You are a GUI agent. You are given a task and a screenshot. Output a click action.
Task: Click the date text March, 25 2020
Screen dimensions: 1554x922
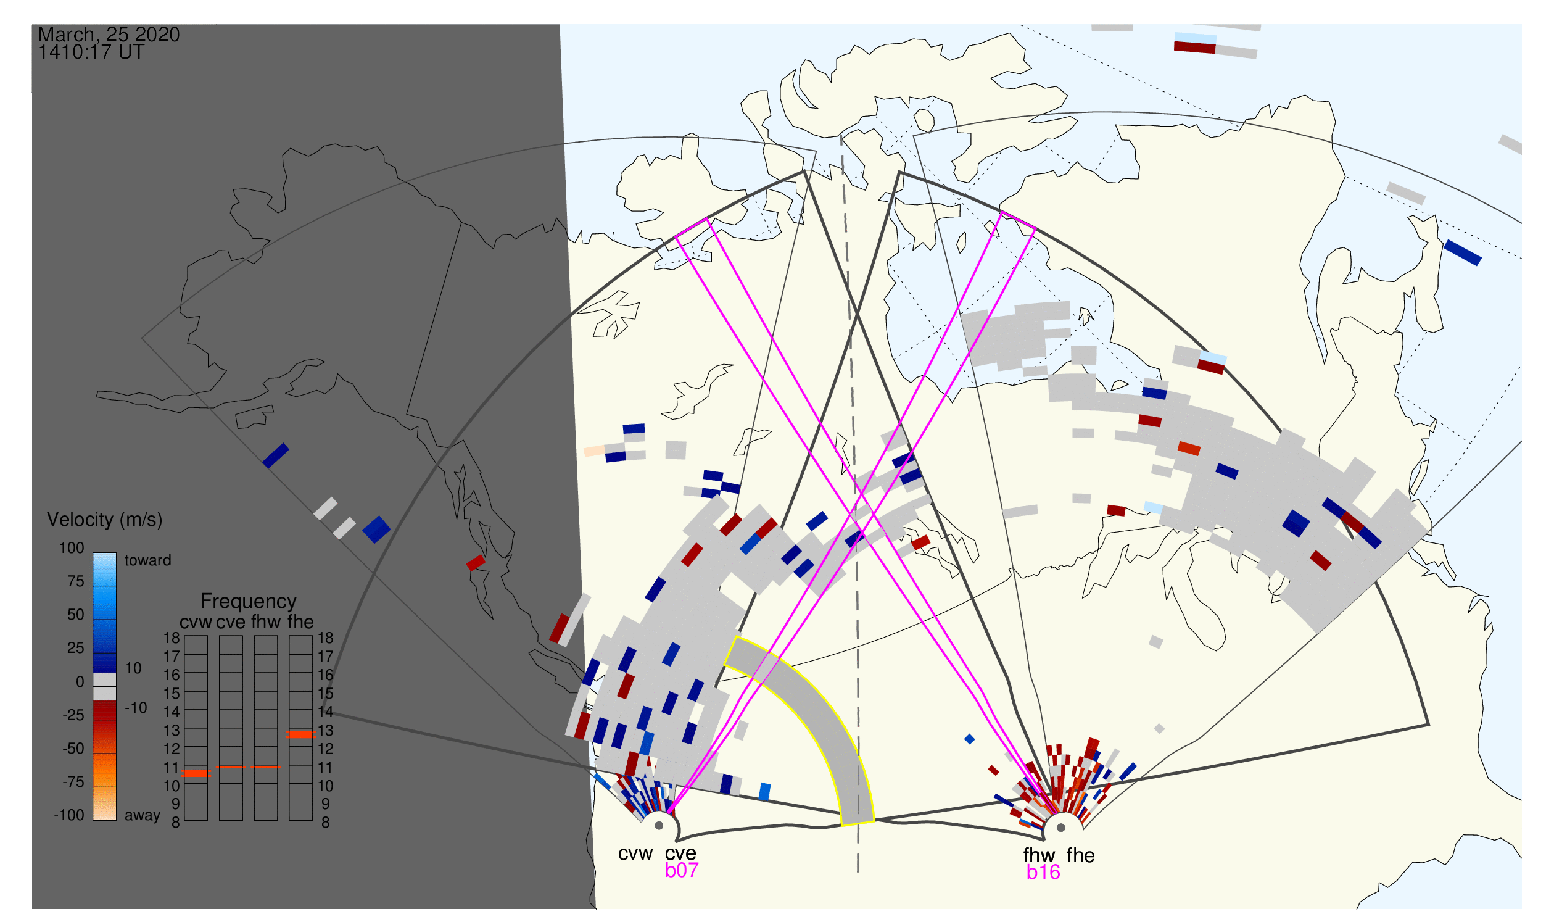point(109,35)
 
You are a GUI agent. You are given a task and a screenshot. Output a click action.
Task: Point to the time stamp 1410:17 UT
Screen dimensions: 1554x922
point(91,52)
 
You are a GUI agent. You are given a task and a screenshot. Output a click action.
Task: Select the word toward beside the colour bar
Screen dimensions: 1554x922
point(148,561)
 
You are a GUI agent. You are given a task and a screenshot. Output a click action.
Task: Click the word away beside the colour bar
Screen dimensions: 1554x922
point(143,816)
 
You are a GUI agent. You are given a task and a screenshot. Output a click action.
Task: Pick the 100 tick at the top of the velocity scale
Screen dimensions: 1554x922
point(72,549)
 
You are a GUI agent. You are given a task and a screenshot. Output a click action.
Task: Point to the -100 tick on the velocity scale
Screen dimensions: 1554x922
point(68,816)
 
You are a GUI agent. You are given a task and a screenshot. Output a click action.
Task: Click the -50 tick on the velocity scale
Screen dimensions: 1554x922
point(73,749)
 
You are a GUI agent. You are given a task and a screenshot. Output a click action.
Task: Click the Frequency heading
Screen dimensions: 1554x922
point(249,602)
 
